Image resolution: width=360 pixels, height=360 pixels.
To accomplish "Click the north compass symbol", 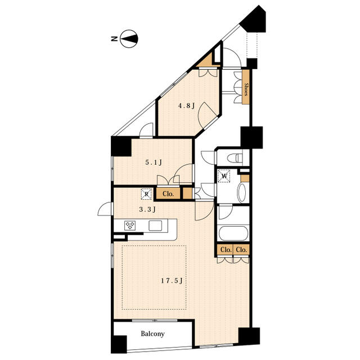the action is point(129,39).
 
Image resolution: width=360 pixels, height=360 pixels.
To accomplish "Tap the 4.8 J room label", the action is point(187,106).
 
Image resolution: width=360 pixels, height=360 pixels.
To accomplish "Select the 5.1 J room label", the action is point(154,163).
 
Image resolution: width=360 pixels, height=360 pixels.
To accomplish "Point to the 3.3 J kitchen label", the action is point(147,209).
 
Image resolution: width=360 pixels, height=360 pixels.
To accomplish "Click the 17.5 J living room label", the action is point(172,281).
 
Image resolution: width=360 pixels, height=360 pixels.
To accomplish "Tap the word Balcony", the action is point(152,334).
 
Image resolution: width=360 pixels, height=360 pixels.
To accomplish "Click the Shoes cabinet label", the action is point(246,89).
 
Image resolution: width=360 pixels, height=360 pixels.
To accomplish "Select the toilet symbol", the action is point(235,157).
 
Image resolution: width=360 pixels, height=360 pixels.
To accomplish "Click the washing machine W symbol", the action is point(224,176).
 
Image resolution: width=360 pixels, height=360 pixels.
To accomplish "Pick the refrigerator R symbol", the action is point(146,194).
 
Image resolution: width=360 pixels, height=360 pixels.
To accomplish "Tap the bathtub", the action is point(233,233).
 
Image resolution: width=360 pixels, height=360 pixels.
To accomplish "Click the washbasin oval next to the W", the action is point(241,193).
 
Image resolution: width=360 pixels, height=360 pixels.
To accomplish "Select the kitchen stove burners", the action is point(130,225).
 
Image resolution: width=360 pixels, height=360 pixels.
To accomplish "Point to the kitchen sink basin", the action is point(155,226).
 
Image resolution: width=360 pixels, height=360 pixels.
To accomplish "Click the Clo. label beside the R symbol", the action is point(168,193).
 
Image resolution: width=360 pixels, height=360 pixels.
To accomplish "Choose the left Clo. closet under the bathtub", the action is point(226,250).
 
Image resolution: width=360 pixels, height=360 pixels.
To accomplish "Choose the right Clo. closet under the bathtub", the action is point(241,250).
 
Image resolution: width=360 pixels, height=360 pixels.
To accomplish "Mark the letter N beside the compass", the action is point(114,39).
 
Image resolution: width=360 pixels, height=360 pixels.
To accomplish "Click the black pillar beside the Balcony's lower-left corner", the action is point(119,344).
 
